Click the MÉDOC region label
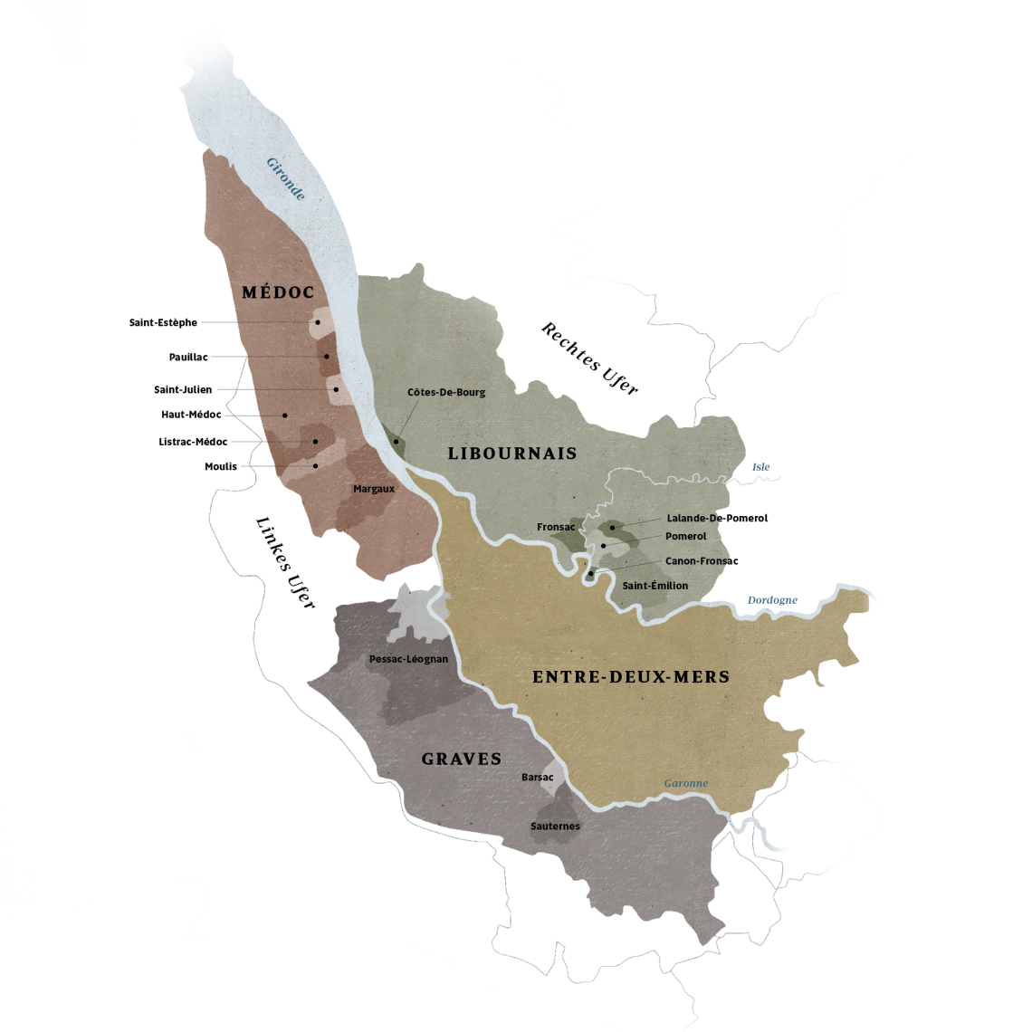[x=278, y=292]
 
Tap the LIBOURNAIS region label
[x=512, y=454]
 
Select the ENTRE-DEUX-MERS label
[x=631, y=676]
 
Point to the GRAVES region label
[x=462, y=760]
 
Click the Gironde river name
[x=285, y=178]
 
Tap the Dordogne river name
[x=772, y=600]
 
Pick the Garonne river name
[x=686, y=783]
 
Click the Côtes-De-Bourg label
[x=446, y=393]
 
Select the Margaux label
[x=374, y=489]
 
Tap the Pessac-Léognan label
[x=408, y=659]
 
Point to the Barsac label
[x=537, y=777]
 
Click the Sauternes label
[x=555, y=827]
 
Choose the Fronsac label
[x=556, y=527]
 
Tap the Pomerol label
[x=685, y=536]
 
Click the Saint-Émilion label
[x=655, y=586]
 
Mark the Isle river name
[x=760, y=467]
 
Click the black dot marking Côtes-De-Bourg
[x=396, y=442]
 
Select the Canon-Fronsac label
[x=695, y=561]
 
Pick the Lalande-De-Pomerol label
[x=693, y=518]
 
